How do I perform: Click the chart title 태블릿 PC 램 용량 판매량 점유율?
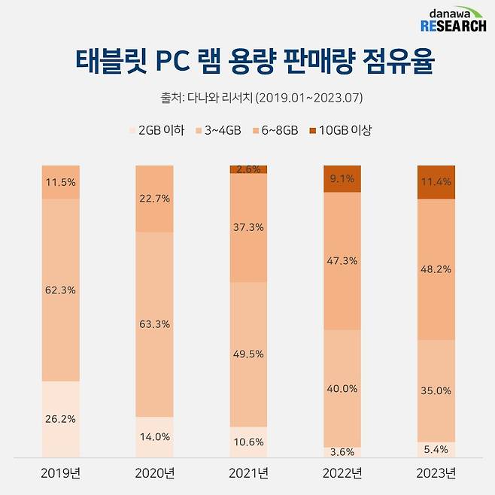(247, 63)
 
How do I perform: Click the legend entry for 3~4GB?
(217, 130)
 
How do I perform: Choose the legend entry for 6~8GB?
(275, 130)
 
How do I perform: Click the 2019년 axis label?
(60, 474)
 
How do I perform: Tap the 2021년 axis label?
(248, 474)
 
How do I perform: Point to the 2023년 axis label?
(436, 474)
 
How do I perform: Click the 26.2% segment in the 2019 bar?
(60, 419)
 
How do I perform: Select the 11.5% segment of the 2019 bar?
(60, 182)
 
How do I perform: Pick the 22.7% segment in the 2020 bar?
(154, 199)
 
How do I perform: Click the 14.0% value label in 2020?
(154, 436)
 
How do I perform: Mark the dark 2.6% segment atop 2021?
(248, 169)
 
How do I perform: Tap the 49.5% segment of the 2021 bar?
(248, 354)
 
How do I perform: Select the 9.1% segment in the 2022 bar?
(342, 179)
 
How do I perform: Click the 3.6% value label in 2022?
(342, 451)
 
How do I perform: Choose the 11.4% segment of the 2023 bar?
(436, 182)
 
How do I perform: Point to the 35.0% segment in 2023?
(436, 390)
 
